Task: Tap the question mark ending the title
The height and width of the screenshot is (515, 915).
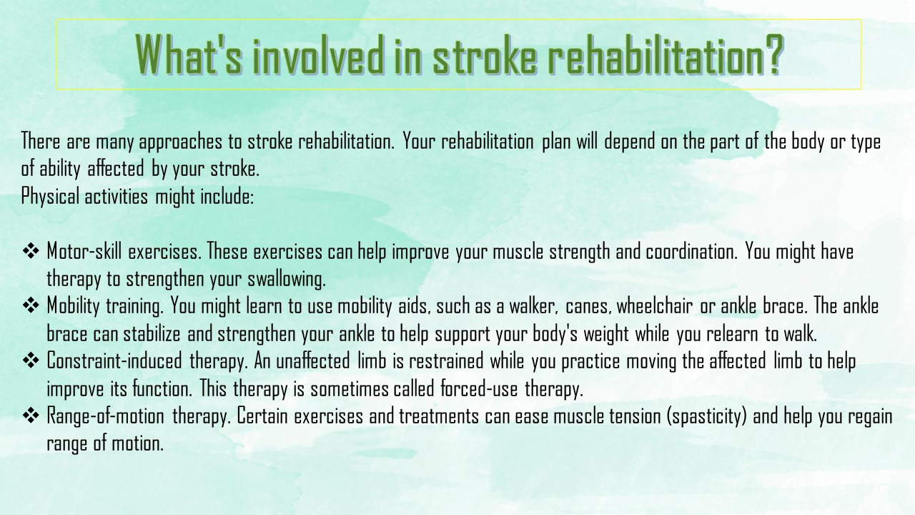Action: tap(771, 54)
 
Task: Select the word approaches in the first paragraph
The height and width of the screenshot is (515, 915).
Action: tap(181, 142)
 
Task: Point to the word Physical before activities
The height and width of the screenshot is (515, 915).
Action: tap(50, 197)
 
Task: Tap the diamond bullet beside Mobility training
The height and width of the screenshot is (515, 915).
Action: tap(31, 305)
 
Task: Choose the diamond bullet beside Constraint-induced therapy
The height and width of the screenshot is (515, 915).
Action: tap(31, 360)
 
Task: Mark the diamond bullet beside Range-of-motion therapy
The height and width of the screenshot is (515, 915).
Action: tap(31, 416)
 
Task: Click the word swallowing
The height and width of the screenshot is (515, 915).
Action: tap(287, 280)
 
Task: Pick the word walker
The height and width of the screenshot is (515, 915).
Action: tap(533, 306)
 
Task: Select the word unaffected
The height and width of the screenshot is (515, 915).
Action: tap(313, 361)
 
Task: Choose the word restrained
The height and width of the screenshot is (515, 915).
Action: tap(446, 361)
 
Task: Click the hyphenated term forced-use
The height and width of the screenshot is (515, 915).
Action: tap(480, 388)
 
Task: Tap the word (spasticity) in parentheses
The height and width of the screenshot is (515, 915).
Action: tap(707, 416)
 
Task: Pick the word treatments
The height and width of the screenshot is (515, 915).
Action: tap(439, 416)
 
